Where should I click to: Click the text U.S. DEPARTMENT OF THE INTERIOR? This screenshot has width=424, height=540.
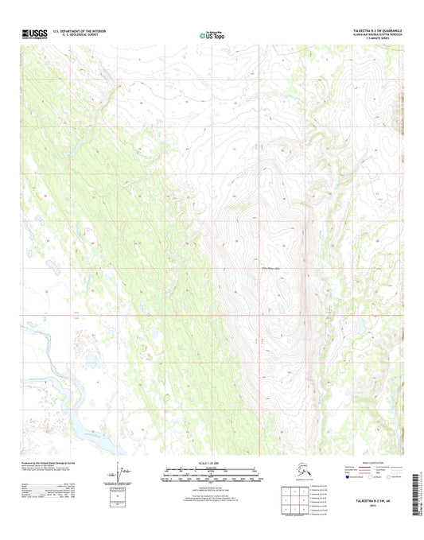[84, 31]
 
